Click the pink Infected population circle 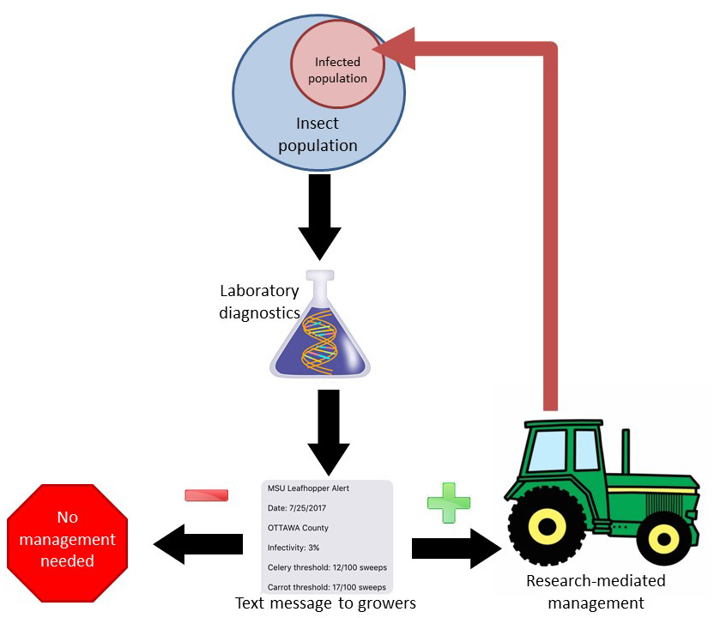336,69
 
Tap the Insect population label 317,135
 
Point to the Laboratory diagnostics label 260,302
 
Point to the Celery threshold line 325,567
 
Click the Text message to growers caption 325,603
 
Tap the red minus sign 207,495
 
